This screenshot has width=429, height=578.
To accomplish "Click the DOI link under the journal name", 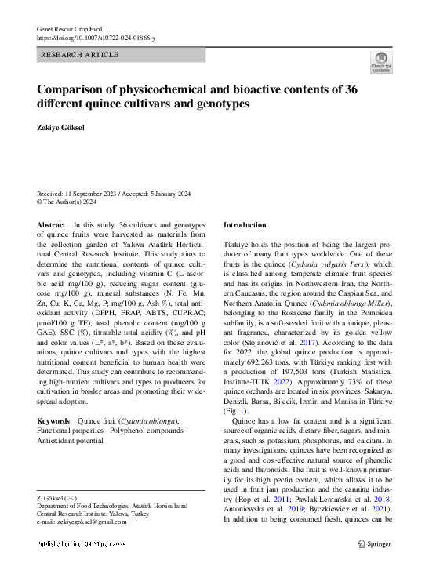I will [96, 38].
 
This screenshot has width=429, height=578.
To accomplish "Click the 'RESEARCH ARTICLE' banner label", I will [79, 55].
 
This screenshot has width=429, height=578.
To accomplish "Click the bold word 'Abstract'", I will [52, 225].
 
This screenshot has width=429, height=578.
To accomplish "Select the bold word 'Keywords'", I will [54, 421].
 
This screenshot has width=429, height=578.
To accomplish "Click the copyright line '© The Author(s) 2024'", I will [67, 202].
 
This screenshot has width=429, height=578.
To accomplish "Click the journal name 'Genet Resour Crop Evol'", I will [71, 29].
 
